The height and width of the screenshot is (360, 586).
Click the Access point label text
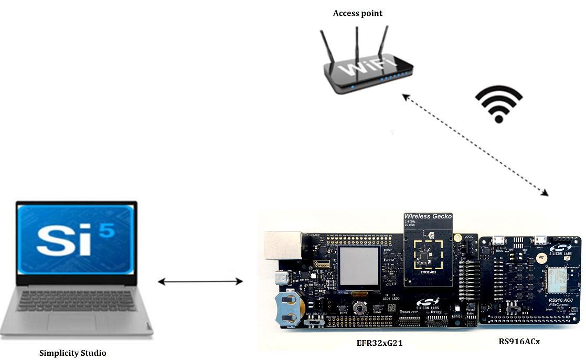point(358,13)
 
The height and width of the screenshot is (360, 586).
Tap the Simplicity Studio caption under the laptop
point(73,353)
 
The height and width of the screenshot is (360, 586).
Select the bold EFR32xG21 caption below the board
point(383,343)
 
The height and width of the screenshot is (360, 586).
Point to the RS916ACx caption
point(519,342)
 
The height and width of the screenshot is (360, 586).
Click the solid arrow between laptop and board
point(200,282)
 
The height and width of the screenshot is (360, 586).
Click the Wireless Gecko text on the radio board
point(428,216)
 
